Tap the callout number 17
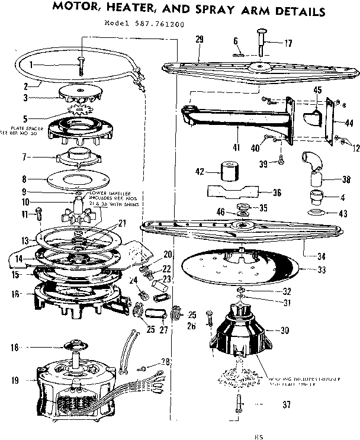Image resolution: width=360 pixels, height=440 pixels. tap(288, 43)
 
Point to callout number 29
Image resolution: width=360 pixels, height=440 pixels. tap(199, 40)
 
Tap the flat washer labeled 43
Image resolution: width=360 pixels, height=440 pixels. tap(314, 213)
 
